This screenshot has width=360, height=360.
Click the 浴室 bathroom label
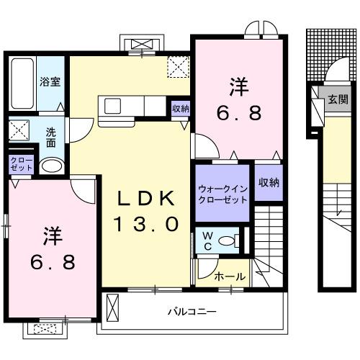tap(50, 81)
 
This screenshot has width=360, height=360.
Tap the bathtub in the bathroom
tap(20, 82)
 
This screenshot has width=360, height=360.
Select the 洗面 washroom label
tap(51, 137)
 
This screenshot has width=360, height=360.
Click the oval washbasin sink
tap(50, 166)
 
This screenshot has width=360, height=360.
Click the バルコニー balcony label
tap(192, 312)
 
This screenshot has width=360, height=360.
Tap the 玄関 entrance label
tap(338, 99)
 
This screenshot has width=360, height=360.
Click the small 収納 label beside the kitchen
tap(181, 109)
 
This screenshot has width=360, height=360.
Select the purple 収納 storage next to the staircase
tap(269, 183)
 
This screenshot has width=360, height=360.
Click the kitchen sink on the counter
tap(114, 106)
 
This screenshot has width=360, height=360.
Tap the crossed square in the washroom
tap(19, 132)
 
